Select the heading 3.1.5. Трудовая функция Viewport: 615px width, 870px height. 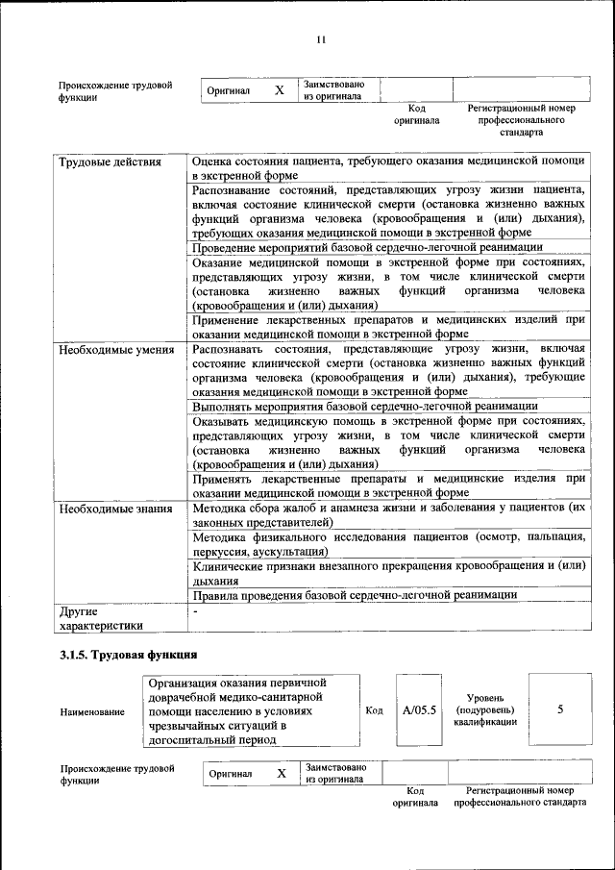tap(128, 655)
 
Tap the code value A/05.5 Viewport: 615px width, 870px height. tap(420, 710)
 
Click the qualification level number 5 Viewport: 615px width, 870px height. tap(560, 709)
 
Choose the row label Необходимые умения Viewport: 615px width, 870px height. tap(115, 349)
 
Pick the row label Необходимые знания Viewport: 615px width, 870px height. tap(115, 509)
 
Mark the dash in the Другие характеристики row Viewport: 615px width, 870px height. tap(196, 610)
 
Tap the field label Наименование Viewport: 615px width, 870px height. tap(92, 712)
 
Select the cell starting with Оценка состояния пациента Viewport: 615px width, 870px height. tap(387, 169)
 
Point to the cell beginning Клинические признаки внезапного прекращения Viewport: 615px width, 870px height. tap(387, 574)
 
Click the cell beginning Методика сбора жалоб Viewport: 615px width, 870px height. tap(387, 513)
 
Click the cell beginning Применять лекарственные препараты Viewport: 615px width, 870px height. tap(387, 485)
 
